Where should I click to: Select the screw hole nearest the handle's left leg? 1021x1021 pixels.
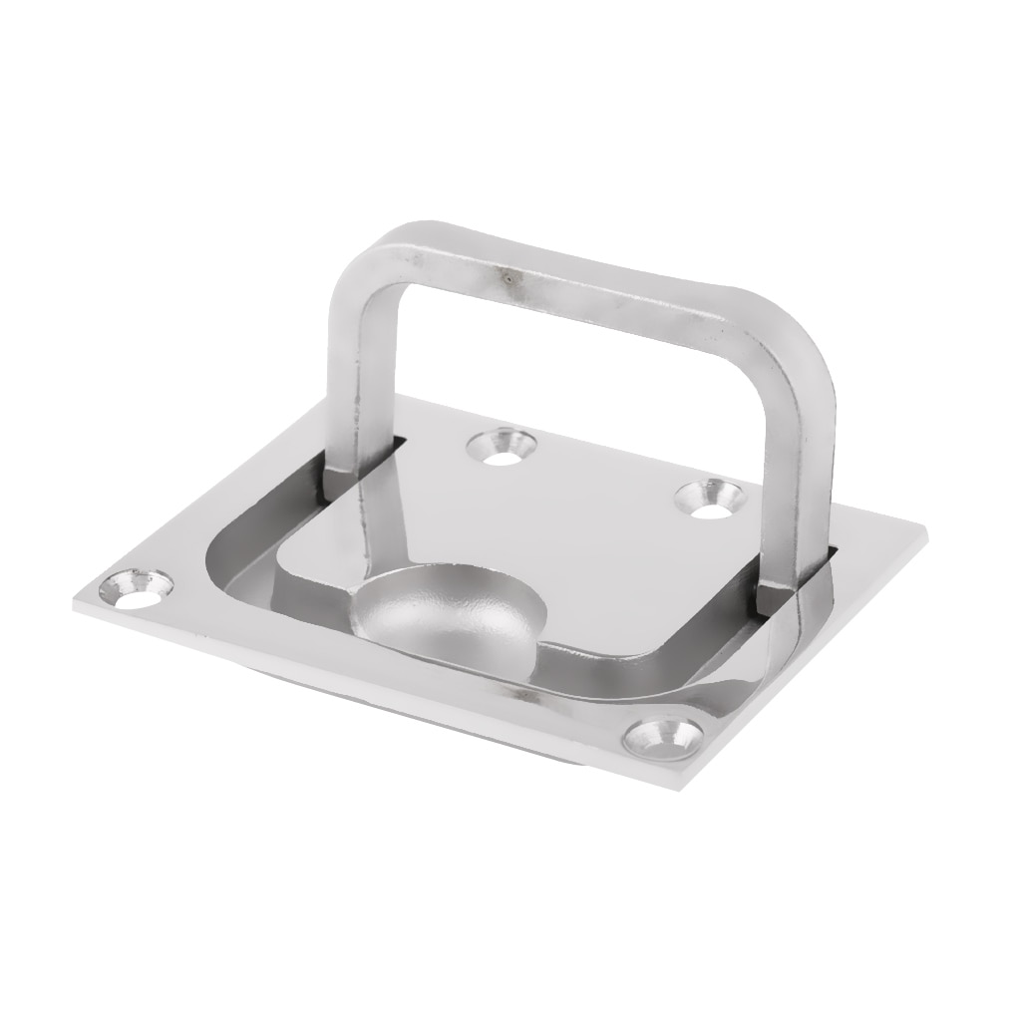click(504, 447)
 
